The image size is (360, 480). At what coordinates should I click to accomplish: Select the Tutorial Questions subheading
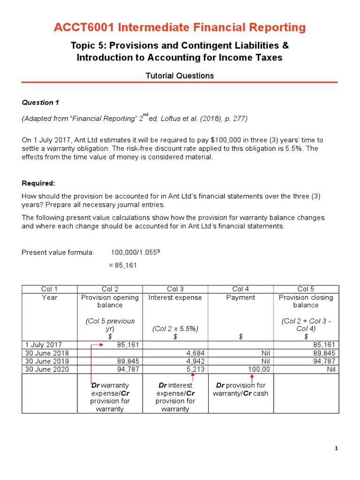point(180,75)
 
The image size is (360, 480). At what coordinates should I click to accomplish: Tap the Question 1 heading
point(40,102)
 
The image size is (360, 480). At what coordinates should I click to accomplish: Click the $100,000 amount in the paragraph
point(224,140)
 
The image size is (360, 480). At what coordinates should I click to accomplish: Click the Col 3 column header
point(175,289)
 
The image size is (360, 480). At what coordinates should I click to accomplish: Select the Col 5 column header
point(306,289)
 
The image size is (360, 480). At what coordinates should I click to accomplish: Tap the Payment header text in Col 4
point(240,297)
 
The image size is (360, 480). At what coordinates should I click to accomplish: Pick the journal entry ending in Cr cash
point(240,389)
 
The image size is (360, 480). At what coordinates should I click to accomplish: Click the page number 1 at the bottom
point(336,449)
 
